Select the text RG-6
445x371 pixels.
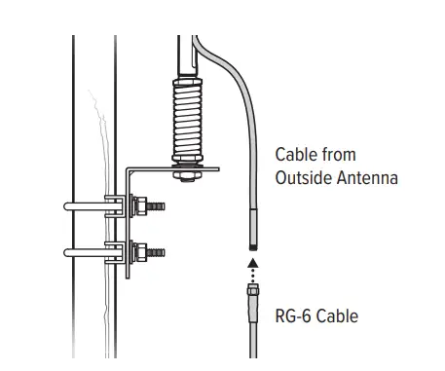click(294, 316)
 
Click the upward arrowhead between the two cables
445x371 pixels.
click(252, 260)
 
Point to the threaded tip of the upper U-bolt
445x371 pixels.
click(159, 206)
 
